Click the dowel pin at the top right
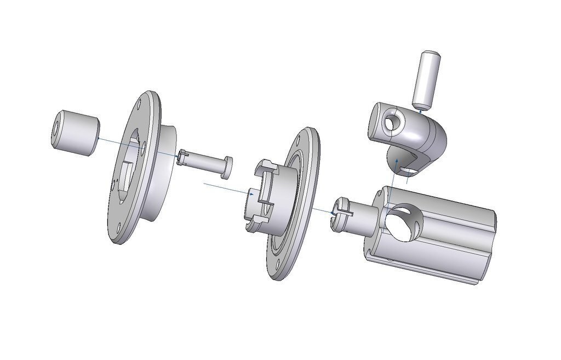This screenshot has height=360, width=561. point(426,79)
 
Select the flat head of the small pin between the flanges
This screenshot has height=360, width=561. point(227,167)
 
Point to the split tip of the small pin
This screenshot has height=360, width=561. point(183,158)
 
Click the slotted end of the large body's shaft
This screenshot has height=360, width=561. point(339,210)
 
